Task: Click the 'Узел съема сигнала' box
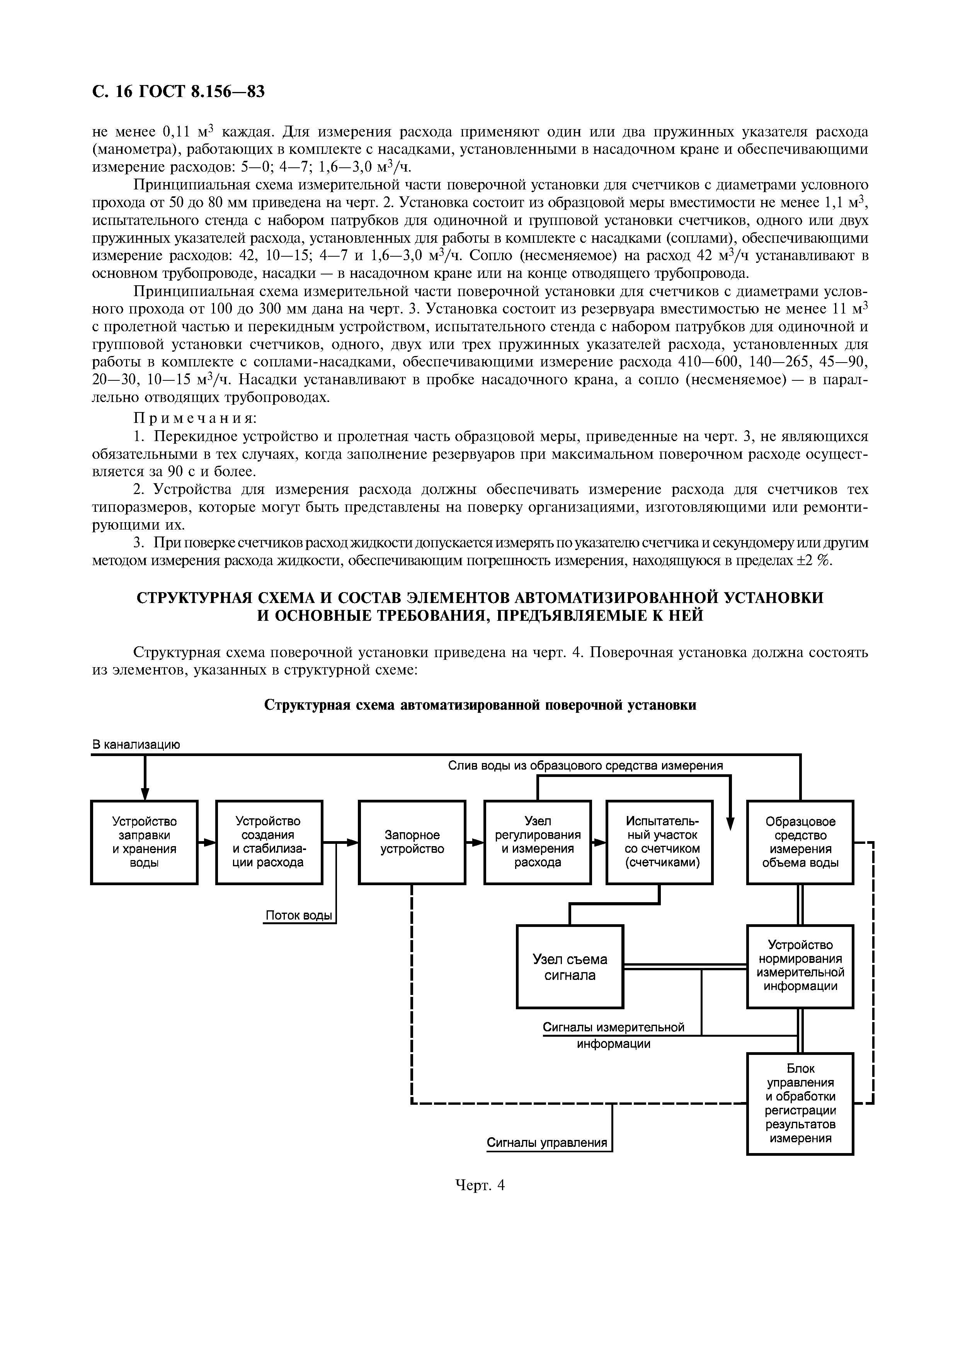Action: (570, 967)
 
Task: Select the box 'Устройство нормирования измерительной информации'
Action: (800, 967)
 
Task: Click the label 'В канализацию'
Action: (136, 745)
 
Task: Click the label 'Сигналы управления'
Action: (546, 1143)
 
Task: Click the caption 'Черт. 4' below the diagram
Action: (480, 1185)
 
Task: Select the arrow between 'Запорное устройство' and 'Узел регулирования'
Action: (475, 843)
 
